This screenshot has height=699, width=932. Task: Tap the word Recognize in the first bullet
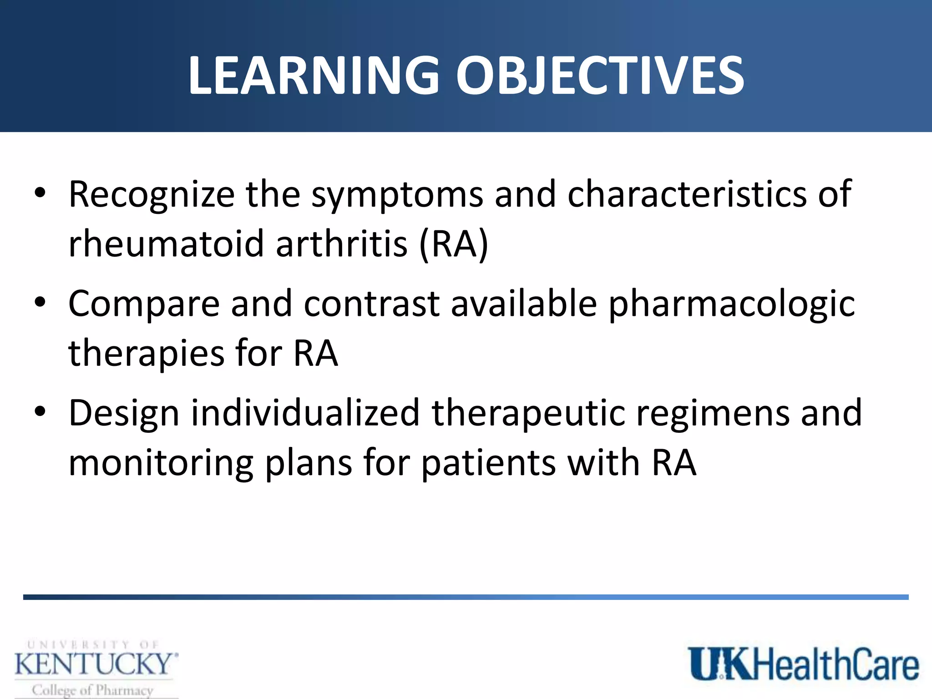click(151, 195)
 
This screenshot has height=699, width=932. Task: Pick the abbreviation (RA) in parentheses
click(454, 245)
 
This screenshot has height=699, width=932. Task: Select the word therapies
click(146, 354)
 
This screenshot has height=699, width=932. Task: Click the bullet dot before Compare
click(40, 302)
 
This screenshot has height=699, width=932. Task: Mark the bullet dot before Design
click(40, 411)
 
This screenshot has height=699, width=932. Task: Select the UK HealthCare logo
click(803, 664)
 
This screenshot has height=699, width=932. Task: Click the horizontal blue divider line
click(466, 597)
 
